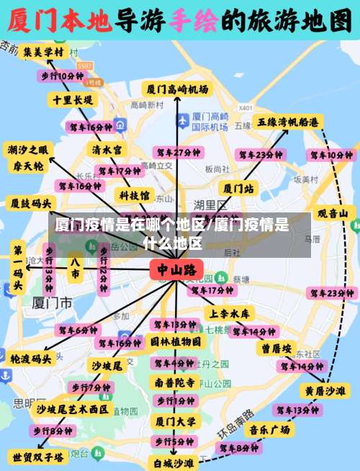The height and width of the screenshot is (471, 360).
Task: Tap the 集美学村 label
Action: tap(42, 53)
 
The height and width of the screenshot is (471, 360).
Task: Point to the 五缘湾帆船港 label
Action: tap(288, 122)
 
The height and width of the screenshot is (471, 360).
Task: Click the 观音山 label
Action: tap(337, 213)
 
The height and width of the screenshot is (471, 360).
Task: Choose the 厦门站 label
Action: tap(238, 189)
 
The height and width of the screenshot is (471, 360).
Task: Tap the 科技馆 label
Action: tap(135, 194)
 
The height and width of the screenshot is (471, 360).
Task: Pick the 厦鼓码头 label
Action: tap(30, 202)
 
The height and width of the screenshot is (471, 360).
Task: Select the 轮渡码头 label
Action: tap(31, 358)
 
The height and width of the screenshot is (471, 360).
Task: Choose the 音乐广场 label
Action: tap(270, 430)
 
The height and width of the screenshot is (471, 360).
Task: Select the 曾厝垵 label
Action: tap(276, 348)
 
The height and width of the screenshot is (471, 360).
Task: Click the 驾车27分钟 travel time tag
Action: tap(176, 153)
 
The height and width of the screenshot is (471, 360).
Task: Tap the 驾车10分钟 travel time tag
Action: tap(331, 155)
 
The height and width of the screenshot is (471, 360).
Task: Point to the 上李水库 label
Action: tap(230, 313)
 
